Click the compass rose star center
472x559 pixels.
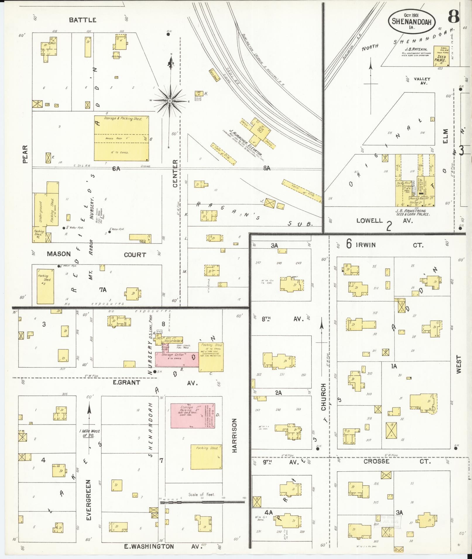169,101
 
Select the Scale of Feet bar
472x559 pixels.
202,502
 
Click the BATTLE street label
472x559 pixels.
83,20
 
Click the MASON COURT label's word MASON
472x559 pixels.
59,254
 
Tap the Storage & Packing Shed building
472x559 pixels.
121,138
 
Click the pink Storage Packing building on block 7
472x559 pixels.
193,416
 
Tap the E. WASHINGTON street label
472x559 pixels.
149,546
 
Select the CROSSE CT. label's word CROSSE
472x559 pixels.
376,461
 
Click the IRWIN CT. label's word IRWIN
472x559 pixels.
365,245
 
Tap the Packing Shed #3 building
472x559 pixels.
45,286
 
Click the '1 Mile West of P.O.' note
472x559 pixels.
89,433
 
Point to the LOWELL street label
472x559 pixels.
369,221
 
